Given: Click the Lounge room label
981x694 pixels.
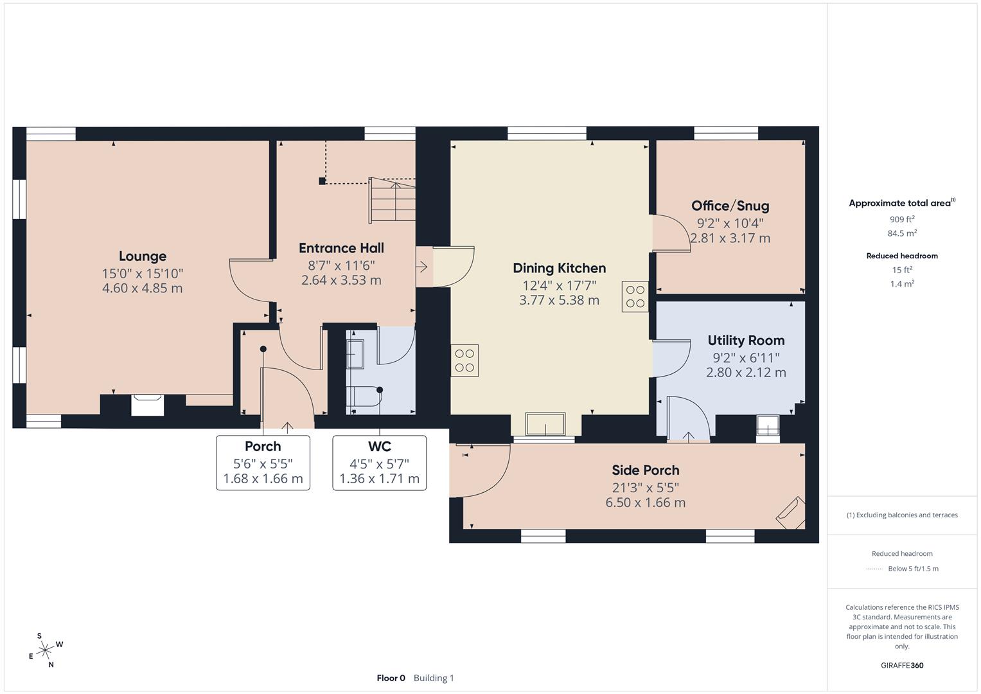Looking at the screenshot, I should (142, 256).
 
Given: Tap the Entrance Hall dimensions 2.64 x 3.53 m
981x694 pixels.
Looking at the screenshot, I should (341, 280).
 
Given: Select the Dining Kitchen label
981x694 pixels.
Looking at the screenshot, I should (559, 268).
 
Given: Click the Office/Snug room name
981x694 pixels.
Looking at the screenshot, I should (730, 206).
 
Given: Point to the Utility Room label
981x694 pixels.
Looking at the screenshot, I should (746, 341).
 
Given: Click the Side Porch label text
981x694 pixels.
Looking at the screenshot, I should (645, 470).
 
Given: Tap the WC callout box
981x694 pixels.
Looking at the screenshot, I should (379, 463).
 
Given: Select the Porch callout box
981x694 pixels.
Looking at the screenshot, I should (263, 463).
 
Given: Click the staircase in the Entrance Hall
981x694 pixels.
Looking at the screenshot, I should (393, 201).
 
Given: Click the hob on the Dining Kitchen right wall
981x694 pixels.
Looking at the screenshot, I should (635, 297).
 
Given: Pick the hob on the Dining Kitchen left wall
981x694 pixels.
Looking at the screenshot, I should (464, 360).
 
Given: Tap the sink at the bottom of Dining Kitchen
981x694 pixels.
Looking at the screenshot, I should (546, 425).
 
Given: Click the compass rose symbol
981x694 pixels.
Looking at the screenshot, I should (45, 650).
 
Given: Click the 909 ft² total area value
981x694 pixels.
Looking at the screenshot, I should (902, 219).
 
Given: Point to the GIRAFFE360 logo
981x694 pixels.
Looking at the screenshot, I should (902, 665).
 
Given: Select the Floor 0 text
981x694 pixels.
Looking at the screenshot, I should (391, 678).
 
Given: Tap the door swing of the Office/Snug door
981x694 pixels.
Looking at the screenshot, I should (671, 233).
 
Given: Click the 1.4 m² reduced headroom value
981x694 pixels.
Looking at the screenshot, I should (902, 283).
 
